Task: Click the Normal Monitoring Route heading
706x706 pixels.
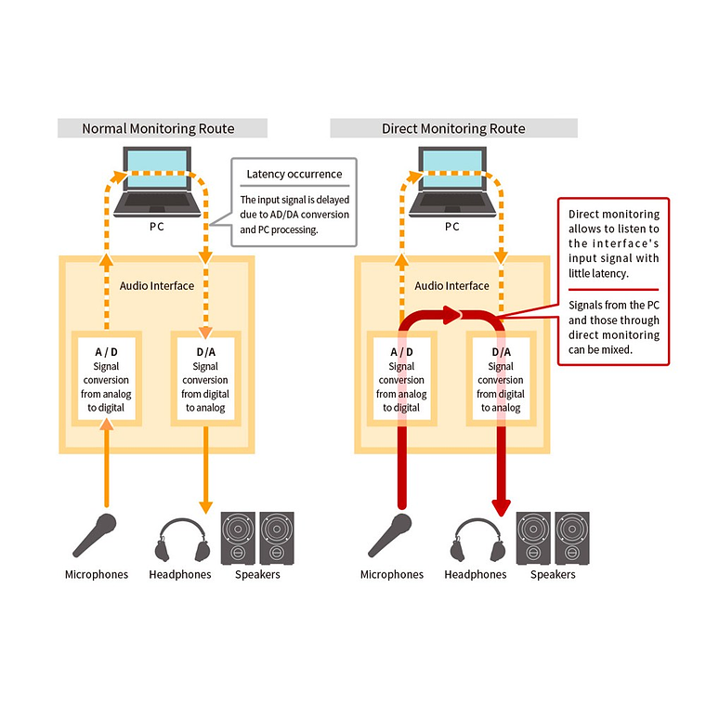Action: pyautogui.click(x=158, y=128)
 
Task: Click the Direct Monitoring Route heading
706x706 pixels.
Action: pyautogui.click(x=453, y=128)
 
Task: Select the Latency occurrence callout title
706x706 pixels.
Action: pyautogui.click(x=294, y=174)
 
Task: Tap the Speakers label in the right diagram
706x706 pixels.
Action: pyautogui.click(x=553, y=574)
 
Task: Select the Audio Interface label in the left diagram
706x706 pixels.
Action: pyautogui.click(x=157, y=285)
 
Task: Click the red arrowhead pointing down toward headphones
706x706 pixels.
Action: pyautogui.click(x=502, y=506)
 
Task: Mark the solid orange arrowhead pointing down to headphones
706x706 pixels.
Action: pyautogui.click(x=205, y=506)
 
